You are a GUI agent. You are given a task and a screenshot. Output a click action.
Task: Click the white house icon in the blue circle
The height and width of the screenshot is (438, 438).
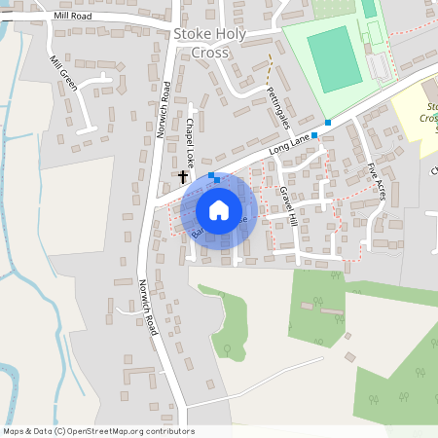point(219,209)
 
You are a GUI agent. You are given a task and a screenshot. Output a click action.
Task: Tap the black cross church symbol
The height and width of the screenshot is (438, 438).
point(183,176)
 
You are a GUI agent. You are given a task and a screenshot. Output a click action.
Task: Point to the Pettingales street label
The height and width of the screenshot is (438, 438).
point(277,107)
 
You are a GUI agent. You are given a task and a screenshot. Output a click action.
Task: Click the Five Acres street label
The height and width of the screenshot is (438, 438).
point(376,181)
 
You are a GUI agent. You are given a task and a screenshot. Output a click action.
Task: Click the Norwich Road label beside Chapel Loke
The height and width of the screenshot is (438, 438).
point(164,109)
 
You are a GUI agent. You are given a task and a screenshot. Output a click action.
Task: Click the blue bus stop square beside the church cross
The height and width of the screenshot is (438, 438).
point(212,175)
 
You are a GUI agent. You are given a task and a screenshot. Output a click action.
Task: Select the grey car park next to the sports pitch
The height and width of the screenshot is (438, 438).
point(379,66)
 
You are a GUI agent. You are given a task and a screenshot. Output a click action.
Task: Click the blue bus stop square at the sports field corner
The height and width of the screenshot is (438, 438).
point(328,123)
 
